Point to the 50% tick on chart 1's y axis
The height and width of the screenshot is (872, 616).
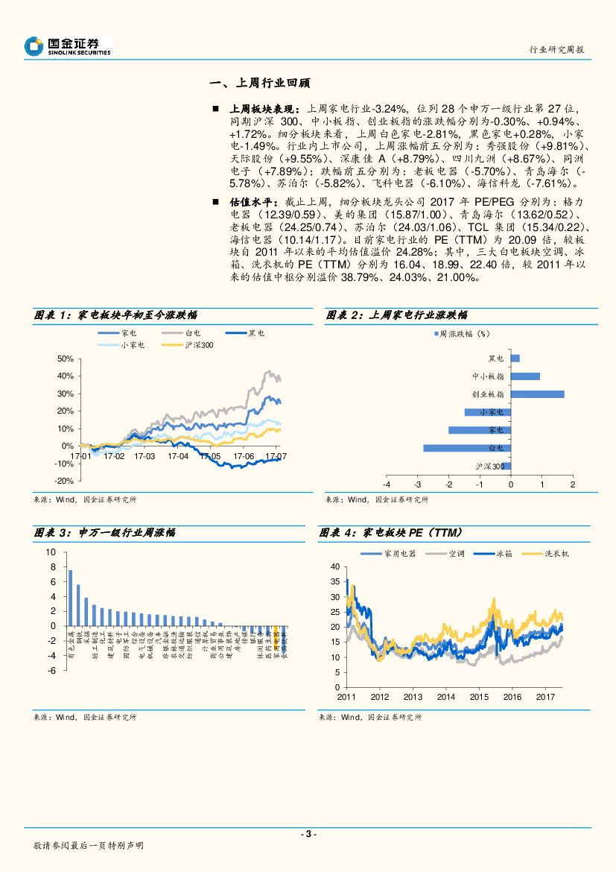tap(64, 358)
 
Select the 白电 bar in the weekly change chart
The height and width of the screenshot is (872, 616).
tap(467, 448)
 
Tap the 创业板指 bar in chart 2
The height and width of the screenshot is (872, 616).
tap(537, 394)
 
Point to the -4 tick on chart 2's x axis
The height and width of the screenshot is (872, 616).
tap(387, 485)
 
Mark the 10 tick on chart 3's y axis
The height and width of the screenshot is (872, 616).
tap(51, 552)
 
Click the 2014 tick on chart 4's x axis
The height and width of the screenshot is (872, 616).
tap(445, 697)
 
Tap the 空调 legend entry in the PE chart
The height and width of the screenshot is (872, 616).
tap(449, 554)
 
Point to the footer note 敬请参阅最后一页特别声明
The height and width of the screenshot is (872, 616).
tap(88, 846)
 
